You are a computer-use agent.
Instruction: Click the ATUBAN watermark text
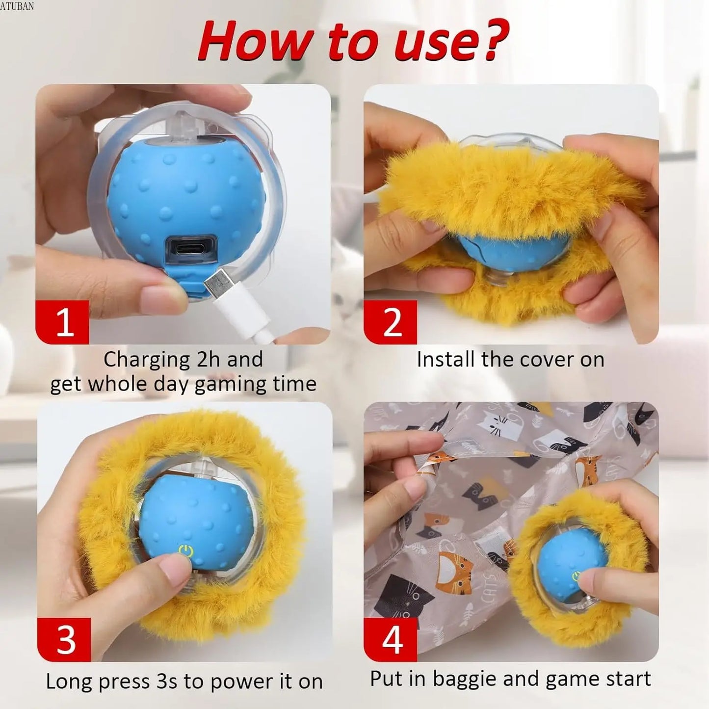(x=17, y=6)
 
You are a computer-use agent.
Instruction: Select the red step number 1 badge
(x=62, y=322)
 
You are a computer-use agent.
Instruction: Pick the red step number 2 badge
(x=391, y=322)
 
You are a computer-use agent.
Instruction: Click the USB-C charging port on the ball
(x=192, y=249)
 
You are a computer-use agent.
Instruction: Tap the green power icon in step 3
(x=186, y=551)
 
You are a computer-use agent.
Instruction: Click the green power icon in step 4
(x=576, y=575)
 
